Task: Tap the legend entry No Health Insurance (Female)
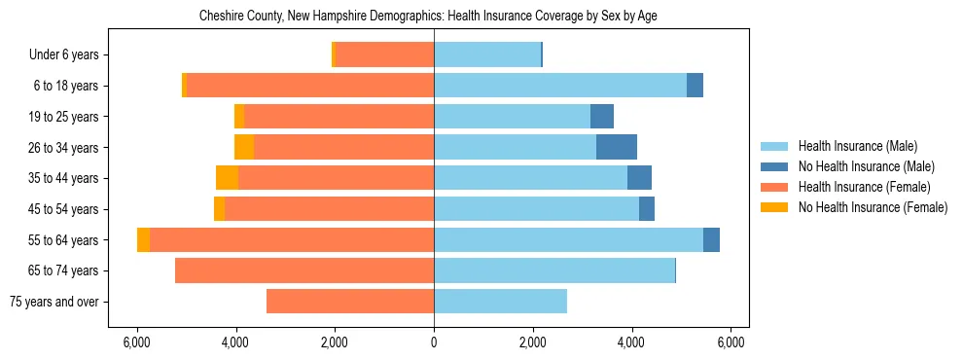[x=873, y=207]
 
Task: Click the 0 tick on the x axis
[x=434, y=342]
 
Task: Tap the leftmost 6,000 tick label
[x=137, y=342]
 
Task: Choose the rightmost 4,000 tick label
[x=632, y=342]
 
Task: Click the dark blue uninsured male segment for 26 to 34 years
[x=617, y=147]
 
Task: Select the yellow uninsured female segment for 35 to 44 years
[x=227, y=178]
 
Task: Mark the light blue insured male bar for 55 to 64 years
[x=568, y=239]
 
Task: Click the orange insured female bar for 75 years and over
[x=350, y=302]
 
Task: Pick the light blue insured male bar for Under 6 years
[x=487, y=54]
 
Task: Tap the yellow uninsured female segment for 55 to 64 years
[x=143, y=239]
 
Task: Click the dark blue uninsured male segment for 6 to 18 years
[x=695, y=86]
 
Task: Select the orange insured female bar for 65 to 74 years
[x=304, y=270]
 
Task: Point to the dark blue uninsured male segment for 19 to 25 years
[x=602, y=117]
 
